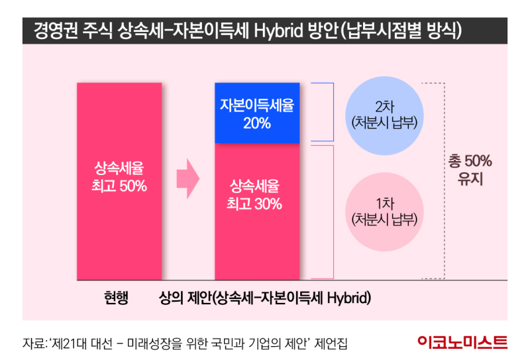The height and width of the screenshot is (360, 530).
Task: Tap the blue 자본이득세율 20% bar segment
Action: click(257, 113)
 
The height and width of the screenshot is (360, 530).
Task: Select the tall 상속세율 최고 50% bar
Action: click(119, 179)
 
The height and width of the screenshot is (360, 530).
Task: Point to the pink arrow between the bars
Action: click(188, 178)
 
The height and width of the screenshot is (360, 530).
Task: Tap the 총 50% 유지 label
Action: click(470, 170)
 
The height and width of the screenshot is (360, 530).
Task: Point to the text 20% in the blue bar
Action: click(256, 123)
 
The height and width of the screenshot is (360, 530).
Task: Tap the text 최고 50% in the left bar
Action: click(119, 186)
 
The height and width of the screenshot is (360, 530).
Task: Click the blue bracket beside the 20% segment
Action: click(323, 113)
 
